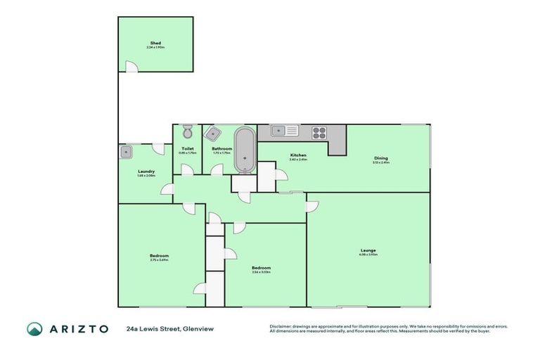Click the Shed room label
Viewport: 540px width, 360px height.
(x=155, y=43)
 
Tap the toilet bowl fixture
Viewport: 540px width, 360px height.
(x=187, y=132)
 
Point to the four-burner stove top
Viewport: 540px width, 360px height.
(x=320, y=131)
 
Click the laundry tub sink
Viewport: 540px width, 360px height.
(x=127, y=150)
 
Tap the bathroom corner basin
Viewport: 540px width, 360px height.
(x=212, y=133)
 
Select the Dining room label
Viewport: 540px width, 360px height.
(x=381, y=158)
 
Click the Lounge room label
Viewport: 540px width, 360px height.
(x=369, y=250)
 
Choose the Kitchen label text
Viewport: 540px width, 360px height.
(x=298, y=155)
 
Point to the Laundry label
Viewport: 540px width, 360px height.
(x=146, y=172)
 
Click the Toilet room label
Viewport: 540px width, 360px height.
(x=187, y=148)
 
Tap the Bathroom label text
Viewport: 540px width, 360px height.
(x=222, y=148)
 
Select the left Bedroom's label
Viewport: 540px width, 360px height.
(x=159, y=255)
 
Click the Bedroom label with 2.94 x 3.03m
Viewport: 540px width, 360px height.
(x=262, y=268)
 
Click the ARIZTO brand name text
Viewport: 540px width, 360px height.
(x=79, y=328)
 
